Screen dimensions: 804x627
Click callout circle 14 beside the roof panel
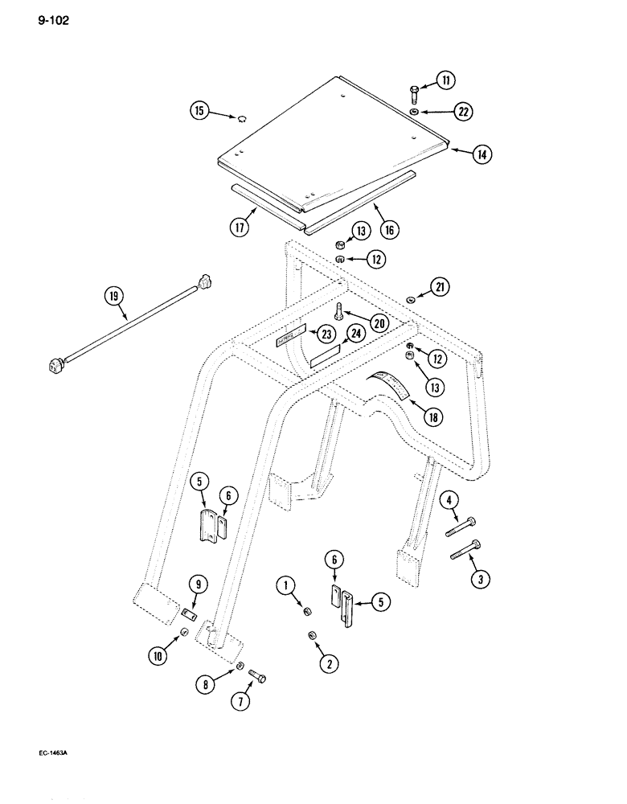[x=481, y=155]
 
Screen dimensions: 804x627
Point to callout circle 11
[x=445, y=80]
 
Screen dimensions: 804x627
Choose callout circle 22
[x=461, y=113]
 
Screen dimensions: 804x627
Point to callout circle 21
[x=441, y=287]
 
